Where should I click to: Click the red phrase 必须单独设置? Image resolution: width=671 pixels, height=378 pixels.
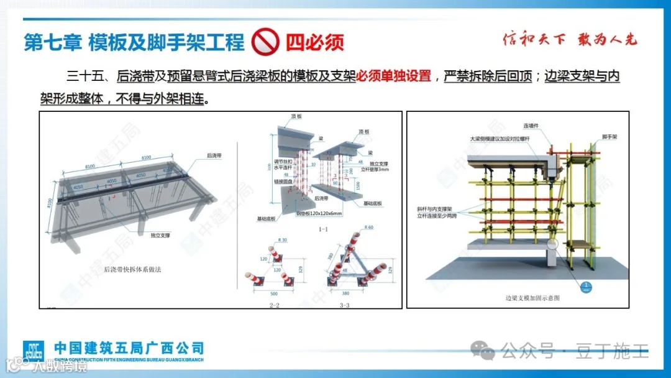coord(393,76)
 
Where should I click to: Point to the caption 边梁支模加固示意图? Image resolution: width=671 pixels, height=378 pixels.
coord(532,298)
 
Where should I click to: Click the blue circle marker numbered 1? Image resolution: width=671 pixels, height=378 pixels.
coord(587,286)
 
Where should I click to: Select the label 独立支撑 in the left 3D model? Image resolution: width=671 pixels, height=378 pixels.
coord(160,235)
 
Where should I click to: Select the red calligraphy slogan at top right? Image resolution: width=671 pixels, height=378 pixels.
coord(570,40)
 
